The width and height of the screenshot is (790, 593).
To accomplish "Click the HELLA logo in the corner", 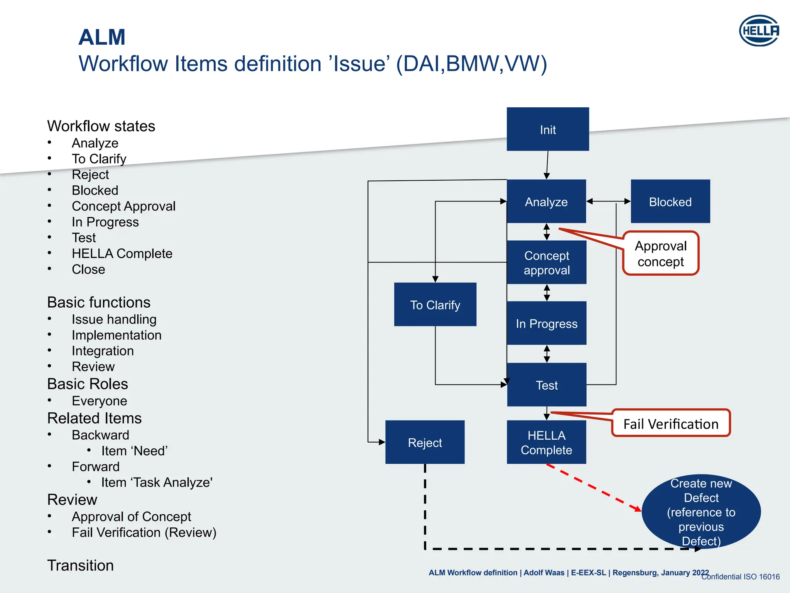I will (x=759, y=30).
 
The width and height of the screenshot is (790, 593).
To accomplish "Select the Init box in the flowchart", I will (x=547, y=129).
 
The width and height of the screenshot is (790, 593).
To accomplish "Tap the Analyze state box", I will (x=546, y=201).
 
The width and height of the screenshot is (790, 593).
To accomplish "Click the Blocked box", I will (x=670, y=201).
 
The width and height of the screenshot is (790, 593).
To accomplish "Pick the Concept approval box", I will (x=546, y=263).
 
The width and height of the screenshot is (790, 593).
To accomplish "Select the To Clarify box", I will (x=435, y=305).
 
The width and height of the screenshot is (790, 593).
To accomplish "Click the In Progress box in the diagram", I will (x=546, y=323).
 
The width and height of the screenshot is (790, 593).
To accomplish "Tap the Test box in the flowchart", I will (x=546, y=385).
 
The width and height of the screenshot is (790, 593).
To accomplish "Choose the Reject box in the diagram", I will (x=425, y=442).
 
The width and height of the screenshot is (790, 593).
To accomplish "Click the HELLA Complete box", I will (x=546, y=442).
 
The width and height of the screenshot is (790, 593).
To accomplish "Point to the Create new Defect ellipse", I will (x=701, y=512).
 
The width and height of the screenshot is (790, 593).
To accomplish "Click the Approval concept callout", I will (x=660, y=253).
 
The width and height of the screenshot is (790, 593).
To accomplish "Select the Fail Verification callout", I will (x=671, y=424).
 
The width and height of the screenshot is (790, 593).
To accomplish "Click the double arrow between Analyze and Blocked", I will (x=608, y=201).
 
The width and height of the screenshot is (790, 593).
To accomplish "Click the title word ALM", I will (x=102, y=37).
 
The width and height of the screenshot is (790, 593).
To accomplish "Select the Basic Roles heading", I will (x=88, y=384).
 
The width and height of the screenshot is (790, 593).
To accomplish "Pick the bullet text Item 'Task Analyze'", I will (x=157, y=482).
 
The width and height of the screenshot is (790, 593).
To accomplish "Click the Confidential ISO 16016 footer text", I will (x=740, y=577).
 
